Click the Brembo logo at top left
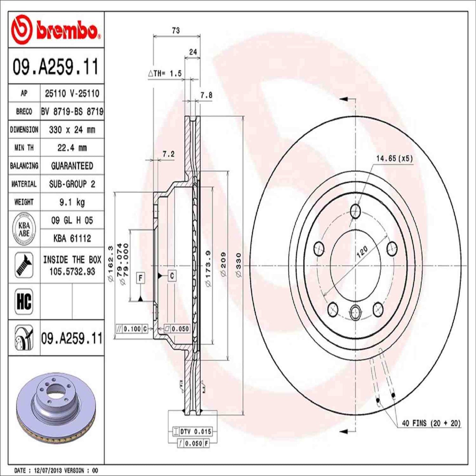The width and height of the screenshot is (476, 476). click(55, 30)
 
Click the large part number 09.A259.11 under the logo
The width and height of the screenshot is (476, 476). click(55, 67)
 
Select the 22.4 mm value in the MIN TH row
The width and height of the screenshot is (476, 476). click(72, 148)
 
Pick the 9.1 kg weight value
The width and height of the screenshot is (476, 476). click(72, 202)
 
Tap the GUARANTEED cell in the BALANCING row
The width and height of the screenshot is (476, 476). click(72, 166)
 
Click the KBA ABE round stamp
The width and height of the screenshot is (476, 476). click(24, 229)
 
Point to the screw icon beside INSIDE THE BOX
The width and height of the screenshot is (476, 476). click(24, 265)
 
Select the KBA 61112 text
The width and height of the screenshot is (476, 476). click(72, 238)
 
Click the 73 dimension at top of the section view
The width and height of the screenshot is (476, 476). click(176, 30)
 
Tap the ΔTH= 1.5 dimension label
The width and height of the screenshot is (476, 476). click(165, 73)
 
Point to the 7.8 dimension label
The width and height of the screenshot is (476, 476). click(207, 95)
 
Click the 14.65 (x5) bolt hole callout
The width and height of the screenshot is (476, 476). click(394, 158)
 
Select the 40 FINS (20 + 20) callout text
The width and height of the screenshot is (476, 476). click(431, 423)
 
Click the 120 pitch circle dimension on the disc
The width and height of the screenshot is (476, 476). click(362, 252)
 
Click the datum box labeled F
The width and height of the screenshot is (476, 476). click(140, 278)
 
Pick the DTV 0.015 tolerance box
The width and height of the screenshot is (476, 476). click(193, 432)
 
